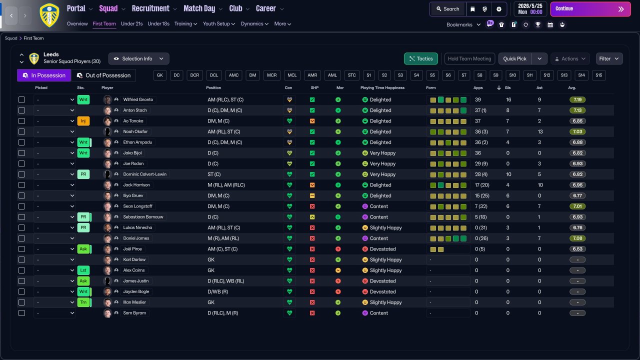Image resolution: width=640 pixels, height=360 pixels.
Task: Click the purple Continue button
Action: click(x=589, y=9)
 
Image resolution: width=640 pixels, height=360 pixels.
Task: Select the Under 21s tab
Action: click(x=131, y=23)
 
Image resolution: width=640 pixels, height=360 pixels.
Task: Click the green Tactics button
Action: click(x=420, y=58)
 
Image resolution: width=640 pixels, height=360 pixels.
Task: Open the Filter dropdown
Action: click(x=609, y=58)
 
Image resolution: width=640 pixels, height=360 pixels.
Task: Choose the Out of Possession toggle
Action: click(x=103, y=75)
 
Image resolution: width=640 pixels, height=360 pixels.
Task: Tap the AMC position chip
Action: click(x=233, y=75)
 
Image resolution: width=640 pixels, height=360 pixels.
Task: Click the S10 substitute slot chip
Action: click(x=512, y=75)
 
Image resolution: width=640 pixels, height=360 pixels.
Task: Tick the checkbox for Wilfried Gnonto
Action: click(x=21, y=99)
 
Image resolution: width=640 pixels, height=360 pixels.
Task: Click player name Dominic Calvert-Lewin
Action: click(x=145, y=174)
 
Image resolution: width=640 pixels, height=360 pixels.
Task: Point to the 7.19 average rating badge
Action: click(x=577, y=99)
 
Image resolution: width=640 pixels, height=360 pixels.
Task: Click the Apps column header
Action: click(x=478, y=88)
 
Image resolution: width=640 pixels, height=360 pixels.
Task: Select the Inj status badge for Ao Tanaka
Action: click(x=83, y=121)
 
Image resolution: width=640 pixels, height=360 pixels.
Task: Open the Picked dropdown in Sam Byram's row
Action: click(x=54, y=313)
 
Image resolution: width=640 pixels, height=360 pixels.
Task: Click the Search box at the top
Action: click(x=447, y=9)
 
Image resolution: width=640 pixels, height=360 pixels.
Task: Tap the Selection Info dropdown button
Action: click(x=138, y=58)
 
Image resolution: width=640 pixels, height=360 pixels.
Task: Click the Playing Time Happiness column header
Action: click(x=382, y=88)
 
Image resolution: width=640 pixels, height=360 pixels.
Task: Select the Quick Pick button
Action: click(x=514, y=58)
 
